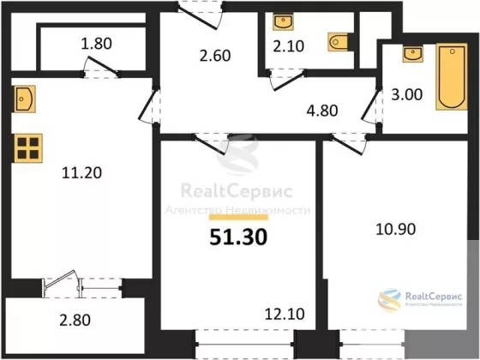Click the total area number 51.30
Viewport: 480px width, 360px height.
coord(238,237)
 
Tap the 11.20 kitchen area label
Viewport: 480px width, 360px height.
coord(81,172)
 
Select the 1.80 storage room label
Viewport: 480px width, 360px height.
coord(96,44)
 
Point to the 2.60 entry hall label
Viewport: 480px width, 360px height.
coord(215,56)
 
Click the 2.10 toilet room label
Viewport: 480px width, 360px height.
coord(288,46)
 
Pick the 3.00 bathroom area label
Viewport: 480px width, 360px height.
coord(407,94)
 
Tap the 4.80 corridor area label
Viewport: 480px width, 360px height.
coord(322,111)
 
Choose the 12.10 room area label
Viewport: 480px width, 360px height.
coord(285,314)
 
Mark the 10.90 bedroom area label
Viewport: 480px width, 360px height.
coord(395,229)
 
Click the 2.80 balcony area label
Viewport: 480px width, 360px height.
coord(75,321)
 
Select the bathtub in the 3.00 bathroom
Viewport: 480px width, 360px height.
coord(452,76)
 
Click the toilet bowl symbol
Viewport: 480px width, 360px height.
coord(338,41)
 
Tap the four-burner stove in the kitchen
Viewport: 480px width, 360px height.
coord(27,148)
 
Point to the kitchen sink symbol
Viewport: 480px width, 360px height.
coord(25,99)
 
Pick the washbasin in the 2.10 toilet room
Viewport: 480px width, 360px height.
coord(284,21)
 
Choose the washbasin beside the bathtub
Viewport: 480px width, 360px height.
coord(413,54)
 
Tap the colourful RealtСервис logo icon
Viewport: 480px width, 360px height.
coord(389,299)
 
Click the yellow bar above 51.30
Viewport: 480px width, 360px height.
coord(238,218)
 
